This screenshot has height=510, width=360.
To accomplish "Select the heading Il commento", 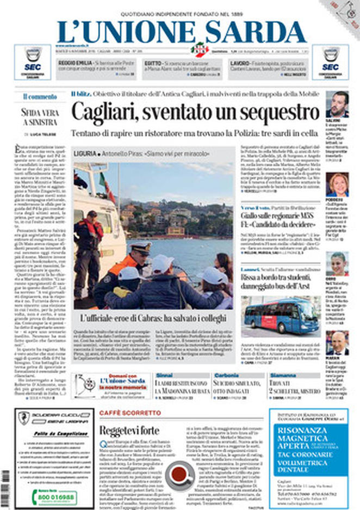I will point(40,97).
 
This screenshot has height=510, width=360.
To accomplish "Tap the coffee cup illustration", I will point(179,474).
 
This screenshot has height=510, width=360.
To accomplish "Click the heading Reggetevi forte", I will point(129,430).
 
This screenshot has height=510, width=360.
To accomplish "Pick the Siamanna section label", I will point(283,376).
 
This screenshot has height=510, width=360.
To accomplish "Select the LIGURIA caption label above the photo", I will point(86,154).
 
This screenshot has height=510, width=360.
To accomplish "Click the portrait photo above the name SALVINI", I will point(337,104).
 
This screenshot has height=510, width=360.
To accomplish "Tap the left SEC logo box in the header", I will point(32,62).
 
